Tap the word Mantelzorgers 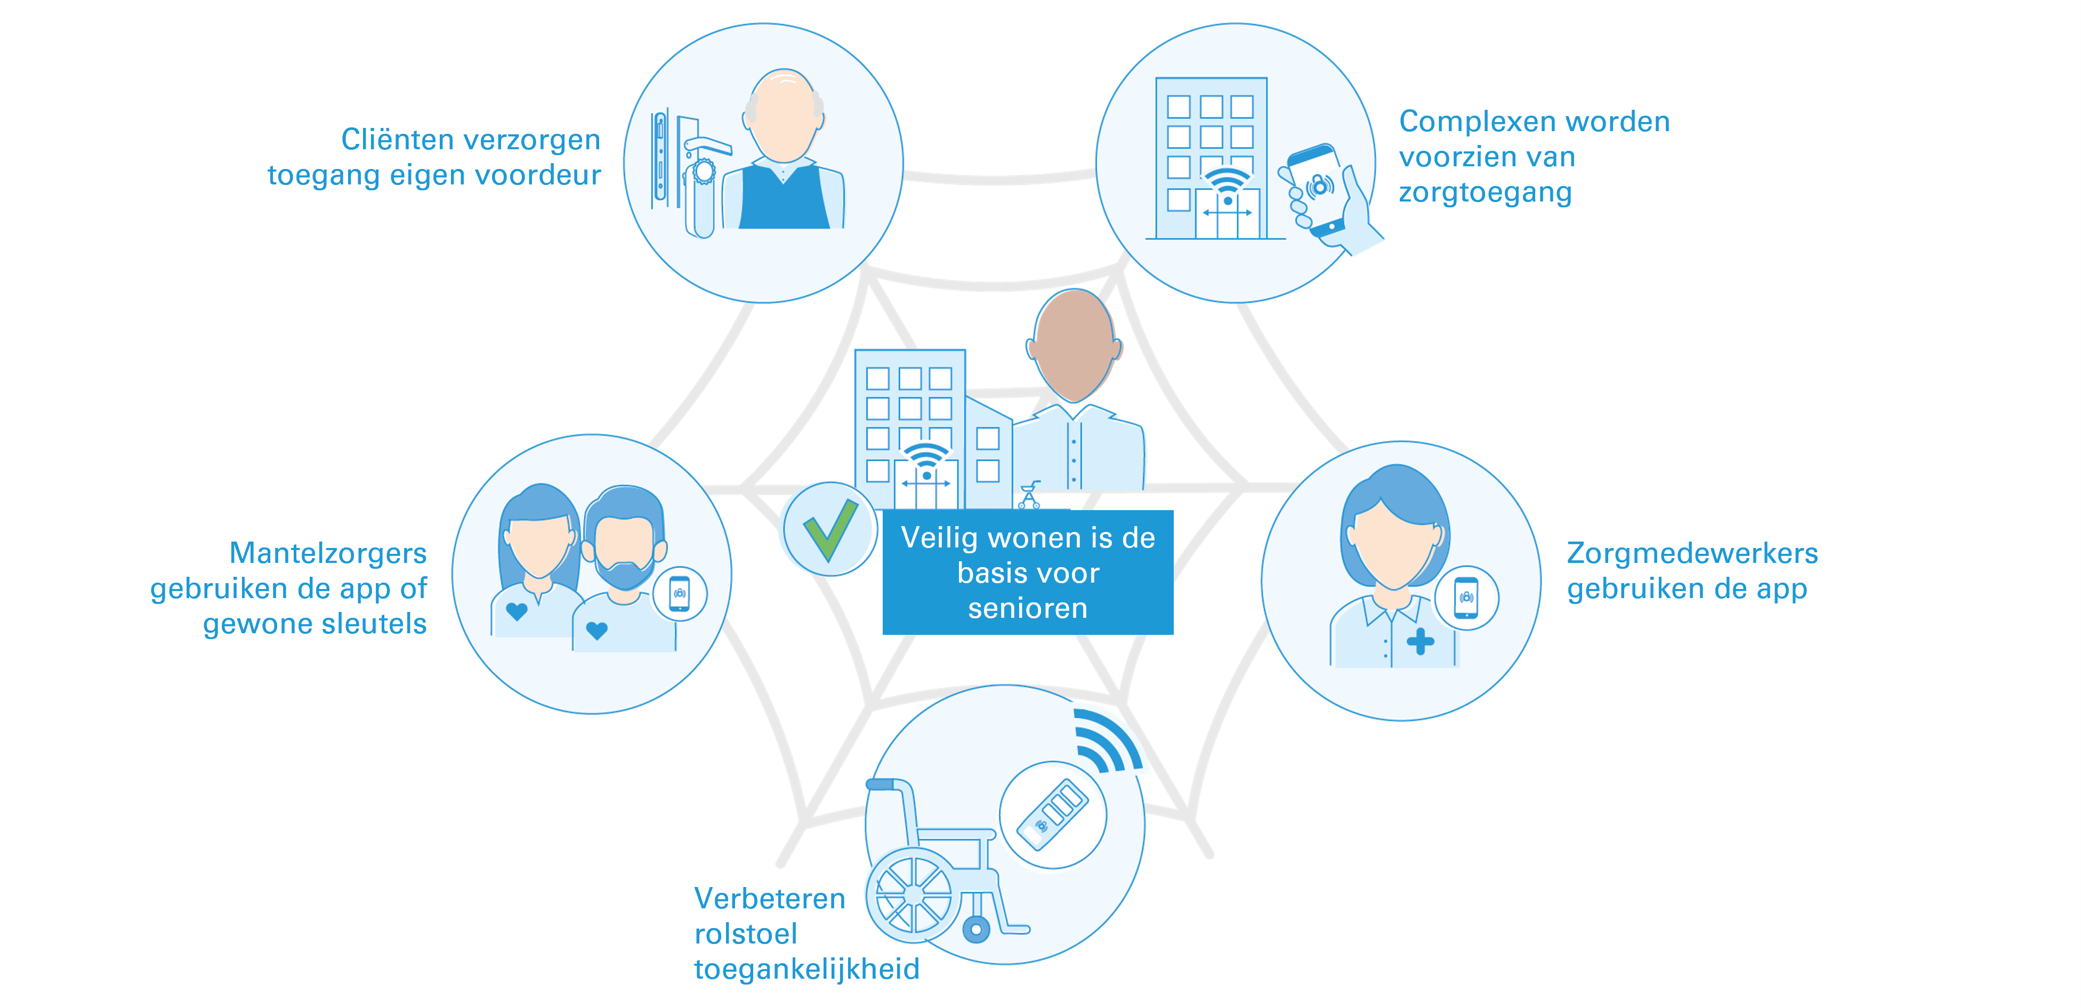click(x=328, y=553)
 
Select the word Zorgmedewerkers click(x=1692, y=553)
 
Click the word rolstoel click(x=746, y=934)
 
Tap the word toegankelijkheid click(x=806, y=969)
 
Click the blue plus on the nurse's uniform click(x=1420, y=642)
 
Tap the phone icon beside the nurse click(x=1466, y=599)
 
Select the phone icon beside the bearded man click(x=680, y=594)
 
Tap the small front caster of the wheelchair click(x=977, y=930)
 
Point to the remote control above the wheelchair click(x=1053, y=814)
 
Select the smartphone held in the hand click(x=1317, y=190)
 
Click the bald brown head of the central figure click(x=1073, y=343)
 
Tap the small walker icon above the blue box click(x=1029, y=495)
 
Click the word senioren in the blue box click(x=1028, y=608)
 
